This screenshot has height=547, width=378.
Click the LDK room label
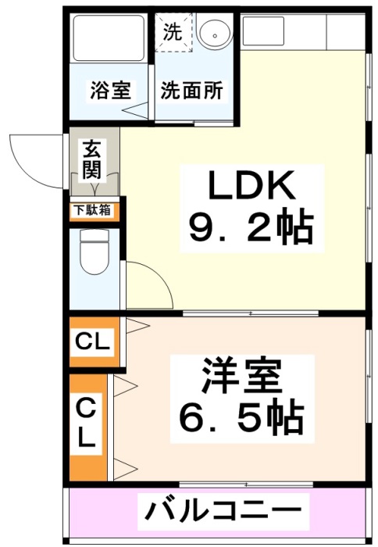(x=250, y=185)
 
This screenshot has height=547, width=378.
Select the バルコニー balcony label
(x=223, y=512)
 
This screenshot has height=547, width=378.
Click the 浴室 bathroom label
(x=111, y=91)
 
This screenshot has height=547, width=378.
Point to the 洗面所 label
(x=191, y=91)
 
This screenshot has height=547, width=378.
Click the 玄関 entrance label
(x=92, y=159)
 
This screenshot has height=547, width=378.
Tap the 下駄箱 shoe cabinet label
(x=91, y=210)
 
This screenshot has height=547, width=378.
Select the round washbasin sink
(x=214, y=32)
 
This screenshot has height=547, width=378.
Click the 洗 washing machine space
(x=173, y=32)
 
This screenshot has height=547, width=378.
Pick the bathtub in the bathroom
(x=108, y=38)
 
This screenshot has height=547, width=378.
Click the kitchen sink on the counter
(x=262, y=30)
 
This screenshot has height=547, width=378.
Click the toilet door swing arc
(x=159, y=275)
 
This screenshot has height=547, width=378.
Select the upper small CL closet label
(x=92, y=341)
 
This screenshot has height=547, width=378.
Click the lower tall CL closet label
(x=86, y=424)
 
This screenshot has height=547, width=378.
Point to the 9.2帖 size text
(x=250, y=227)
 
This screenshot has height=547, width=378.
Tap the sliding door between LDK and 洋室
(x=251, y=313)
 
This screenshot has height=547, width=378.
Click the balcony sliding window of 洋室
(x=247, y=484)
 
